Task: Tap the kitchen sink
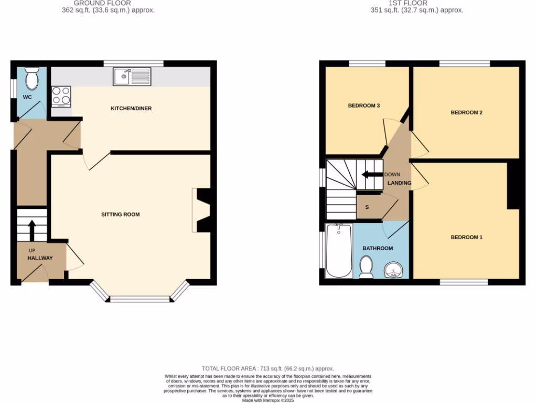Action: click(x=132, y=77)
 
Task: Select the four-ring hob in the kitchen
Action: click(x=61, y=96)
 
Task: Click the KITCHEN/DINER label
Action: click(x=131, y=109)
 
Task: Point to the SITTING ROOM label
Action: click(x=121, y=215)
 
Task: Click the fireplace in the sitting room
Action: click(x=202, y=210)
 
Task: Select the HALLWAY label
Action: click(x=40, y=258)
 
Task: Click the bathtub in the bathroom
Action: click(x=339, y=251)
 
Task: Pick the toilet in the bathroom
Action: click(x=366, y=266)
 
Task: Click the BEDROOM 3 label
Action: click(x=364, y=106)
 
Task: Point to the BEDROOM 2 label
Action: click(x=466, y=113)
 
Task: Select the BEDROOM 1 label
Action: click(x=466, y=238)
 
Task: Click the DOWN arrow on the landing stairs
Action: click(x=371, y=175)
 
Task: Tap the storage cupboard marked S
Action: click(x=367, y=207)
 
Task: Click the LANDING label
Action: click(x=399, y=183)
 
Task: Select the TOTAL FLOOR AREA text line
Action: click(x=268, y=369)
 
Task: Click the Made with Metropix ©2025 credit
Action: click(x=268, y=400)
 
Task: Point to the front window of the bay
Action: click(x=140, y=300)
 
